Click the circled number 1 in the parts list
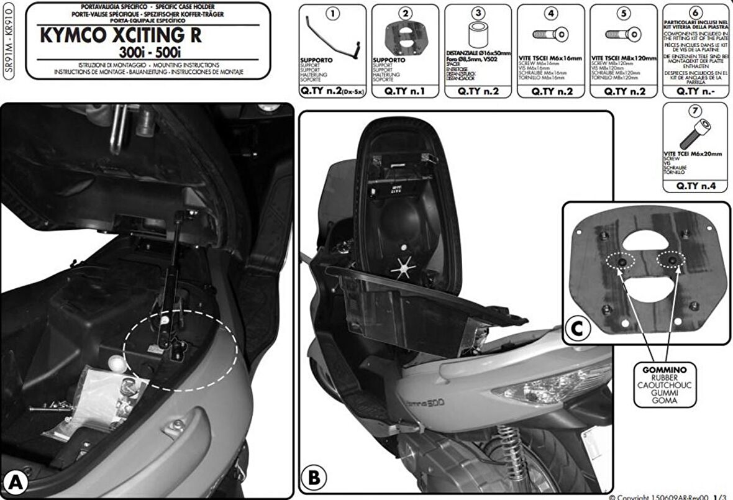pos(332,12)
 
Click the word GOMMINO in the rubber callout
pos(660,370)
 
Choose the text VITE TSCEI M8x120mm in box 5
pos(623,58)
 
